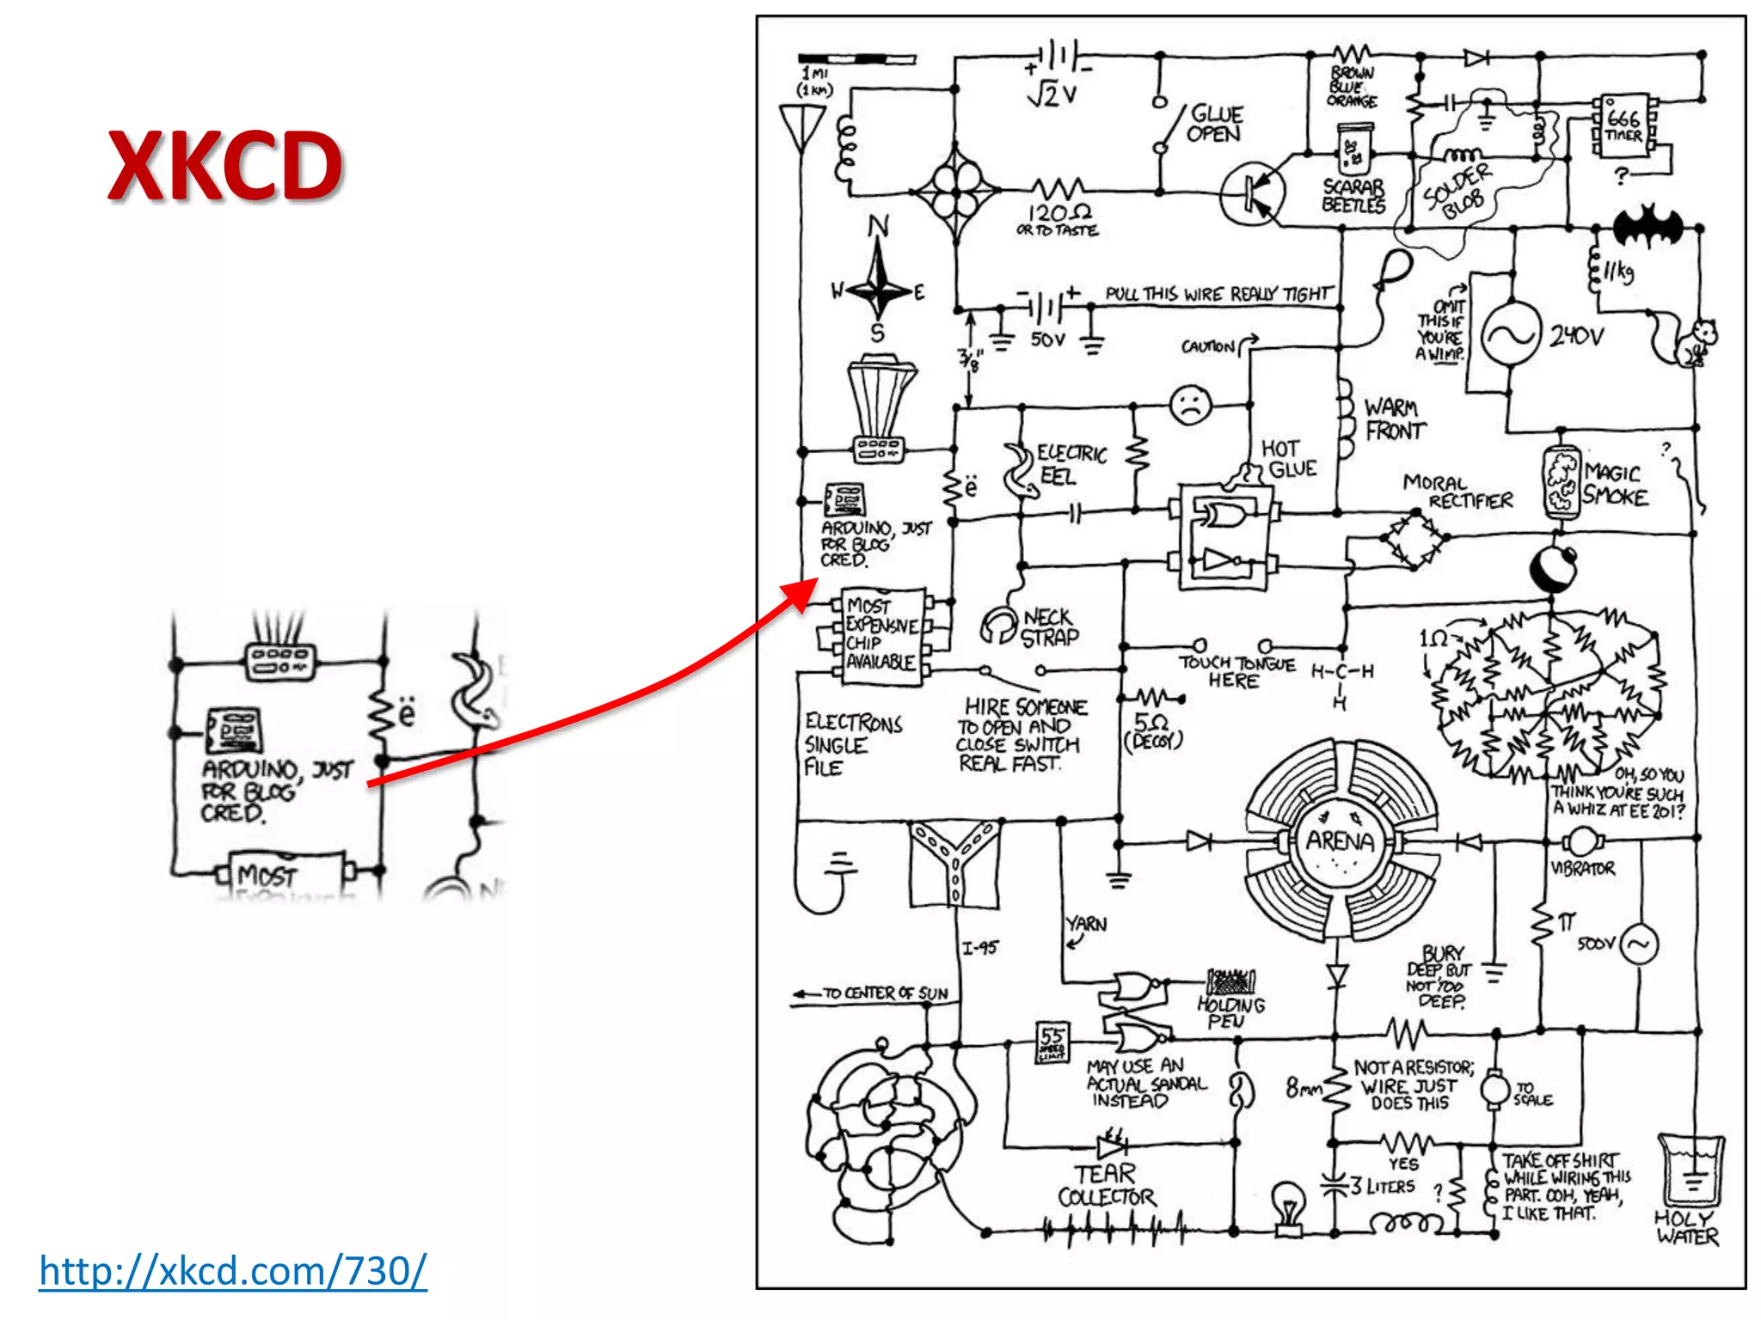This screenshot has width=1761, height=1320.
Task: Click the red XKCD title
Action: point(225,166)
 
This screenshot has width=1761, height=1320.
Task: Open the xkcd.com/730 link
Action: point(232,1270)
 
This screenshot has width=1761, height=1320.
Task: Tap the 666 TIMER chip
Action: point(1623,126)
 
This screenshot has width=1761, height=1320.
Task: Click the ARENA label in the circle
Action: point(1340,840)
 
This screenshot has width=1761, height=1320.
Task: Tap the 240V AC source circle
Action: point(1510,334)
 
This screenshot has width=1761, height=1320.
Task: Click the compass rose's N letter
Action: point(878,226)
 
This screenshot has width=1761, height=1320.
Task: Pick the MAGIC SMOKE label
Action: point(1615,485)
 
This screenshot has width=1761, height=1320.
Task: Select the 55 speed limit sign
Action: point(1052,1042)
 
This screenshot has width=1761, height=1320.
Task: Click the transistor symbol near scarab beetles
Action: point(1252,194)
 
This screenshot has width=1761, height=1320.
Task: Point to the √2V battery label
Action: point(1052,95)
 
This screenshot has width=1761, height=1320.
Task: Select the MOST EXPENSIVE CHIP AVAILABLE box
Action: point(881,634)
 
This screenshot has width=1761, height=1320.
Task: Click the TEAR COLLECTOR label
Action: point(1106,1185)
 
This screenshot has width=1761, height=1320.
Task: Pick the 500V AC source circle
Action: point(1639,944)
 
